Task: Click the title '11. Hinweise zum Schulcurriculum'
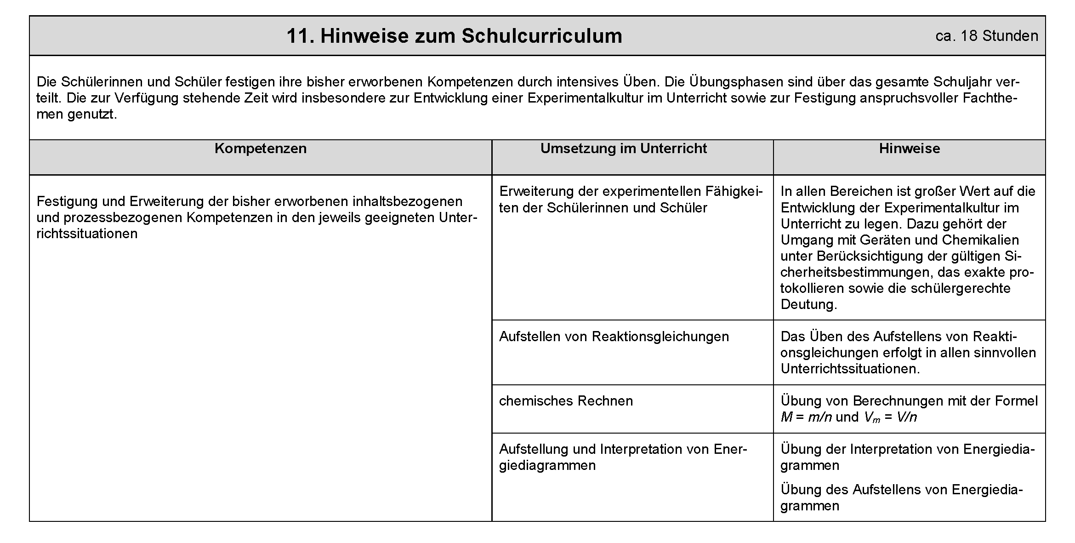pyautogui.click(x=454, y=36)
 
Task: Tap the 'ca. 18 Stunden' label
pyautogui.click(x=986, y=36)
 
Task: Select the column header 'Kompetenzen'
pyautogui.click(x=260, y=149)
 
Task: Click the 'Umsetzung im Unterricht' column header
pyautogui.click(x=623, y=149)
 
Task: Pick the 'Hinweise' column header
pyautogui.click(x=909, y=149)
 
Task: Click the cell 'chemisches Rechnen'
pyautogui.click(x=566, y=401)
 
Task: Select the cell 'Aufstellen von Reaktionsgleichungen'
pyautogui.click(x=614, y=337)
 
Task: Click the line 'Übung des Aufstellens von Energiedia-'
pyautogui.click(x=901, y=490)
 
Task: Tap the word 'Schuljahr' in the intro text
pyautogui.click(x=967, y=82)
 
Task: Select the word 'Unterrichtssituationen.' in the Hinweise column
pyautogui.click(x=850, y=369)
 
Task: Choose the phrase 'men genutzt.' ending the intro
pyautogui.click(x=77, y=114)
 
